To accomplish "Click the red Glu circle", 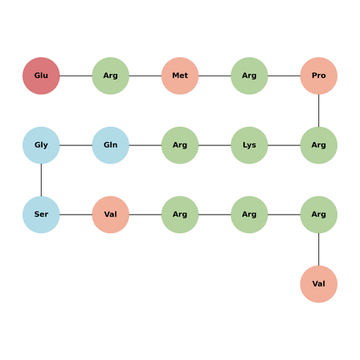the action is point(41,76).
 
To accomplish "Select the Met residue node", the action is point(180,76).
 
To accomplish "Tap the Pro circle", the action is point(319,76).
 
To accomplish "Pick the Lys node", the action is point(249,145).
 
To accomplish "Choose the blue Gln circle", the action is point(111,145).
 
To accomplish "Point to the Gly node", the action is point(41,145).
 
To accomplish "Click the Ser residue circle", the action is point(41,215).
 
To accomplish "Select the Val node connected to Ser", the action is point(111,215).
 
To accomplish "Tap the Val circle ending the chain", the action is point(319,284).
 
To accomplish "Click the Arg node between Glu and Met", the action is point(111,76).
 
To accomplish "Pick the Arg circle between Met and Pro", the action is point(249,76).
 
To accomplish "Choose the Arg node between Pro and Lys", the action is point(319,145).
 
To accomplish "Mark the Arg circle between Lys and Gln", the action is point(180,145).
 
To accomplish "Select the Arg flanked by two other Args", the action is point(249,215).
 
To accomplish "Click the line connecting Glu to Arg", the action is point(76,76).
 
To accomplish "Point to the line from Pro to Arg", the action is point(319,111).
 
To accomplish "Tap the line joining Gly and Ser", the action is point(41,180).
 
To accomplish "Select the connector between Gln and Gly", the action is point(76,145).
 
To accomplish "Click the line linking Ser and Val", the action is point(76,215).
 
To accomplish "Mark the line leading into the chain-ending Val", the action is point(319,249).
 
